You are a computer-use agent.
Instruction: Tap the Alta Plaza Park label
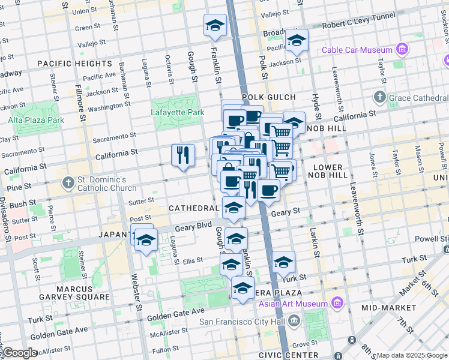pos(36,120)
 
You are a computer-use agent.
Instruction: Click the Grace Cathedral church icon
pos(379,97)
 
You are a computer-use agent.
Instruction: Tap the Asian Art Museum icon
pos(336,303)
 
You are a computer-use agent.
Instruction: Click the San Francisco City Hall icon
pos(294,321)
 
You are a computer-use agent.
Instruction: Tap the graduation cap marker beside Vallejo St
pos(214,25)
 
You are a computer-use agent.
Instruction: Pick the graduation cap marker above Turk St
pos(283,262)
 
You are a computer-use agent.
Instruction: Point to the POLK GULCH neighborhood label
pos(269,97)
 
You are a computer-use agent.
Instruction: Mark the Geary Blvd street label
pos(194,228)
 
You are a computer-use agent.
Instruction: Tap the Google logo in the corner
pos(19,353)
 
